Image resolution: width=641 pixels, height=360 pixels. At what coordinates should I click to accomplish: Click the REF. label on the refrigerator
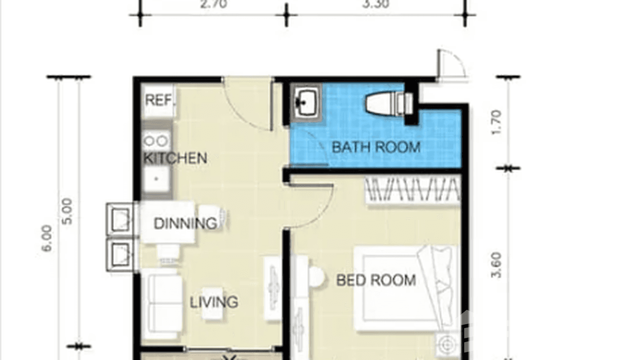[x=160, y=100]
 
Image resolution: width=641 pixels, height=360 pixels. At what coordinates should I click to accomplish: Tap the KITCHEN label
[x=175, y=158]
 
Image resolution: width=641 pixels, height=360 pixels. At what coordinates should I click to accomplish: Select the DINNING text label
[x=185, y=223]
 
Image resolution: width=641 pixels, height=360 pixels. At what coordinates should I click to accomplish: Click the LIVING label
[x=214, y=302]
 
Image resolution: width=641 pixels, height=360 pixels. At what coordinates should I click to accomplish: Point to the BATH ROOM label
[x=376, y=147]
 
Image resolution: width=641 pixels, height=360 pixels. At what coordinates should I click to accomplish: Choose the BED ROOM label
[x=376, y=280]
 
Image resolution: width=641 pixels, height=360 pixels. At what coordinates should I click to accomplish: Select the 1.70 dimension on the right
[x=496, y=122]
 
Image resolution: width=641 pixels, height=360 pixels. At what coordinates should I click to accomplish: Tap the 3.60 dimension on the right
[x=496, y=265]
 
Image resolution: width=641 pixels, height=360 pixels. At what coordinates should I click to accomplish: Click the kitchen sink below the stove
[x=156, y=180]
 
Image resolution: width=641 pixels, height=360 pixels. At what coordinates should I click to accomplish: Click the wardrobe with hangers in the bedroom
[x=413, y=190]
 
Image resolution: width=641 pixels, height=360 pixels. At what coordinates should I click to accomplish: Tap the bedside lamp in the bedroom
[x=447, y=343]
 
